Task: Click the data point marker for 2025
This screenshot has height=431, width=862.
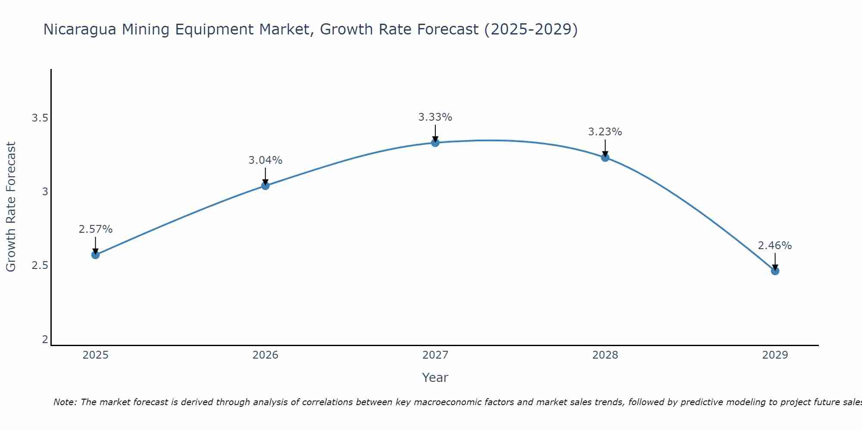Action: [95, 255]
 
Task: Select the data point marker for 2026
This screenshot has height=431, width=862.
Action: [265, 186]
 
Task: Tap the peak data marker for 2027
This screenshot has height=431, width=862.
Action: [435, 143]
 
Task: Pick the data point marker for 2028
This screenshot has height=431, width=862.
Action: [605, 157]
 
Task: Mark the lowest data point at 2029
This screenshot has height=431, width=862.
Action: [775, 271]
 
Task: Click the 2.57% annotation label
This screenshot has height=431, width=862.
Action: [95, 229]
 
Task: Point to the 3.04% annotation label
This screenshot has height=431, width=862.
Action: [265, 160]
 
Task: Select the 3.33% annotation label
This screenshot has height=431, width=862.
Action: [435, 117]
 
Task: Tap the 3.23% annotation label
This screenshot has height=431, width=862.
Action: [605, 132]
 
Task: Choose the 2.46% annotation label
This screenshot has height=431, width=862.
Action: [775, 246]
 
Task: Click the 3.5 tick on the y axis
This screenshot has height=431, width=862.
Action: [40, 118]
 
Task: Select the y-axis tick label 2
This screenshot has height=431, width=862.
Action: [45, 340]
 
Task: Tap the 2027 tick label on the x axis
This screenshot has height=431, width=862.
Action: [435, 355]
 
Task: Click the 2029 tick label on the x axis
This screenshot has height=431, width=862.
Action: [775, 355]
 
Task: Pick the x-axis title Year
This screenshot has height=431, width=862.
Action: [435, 378]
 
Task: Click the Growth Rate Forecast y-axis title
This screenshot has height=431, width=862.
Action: [11, 206]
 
